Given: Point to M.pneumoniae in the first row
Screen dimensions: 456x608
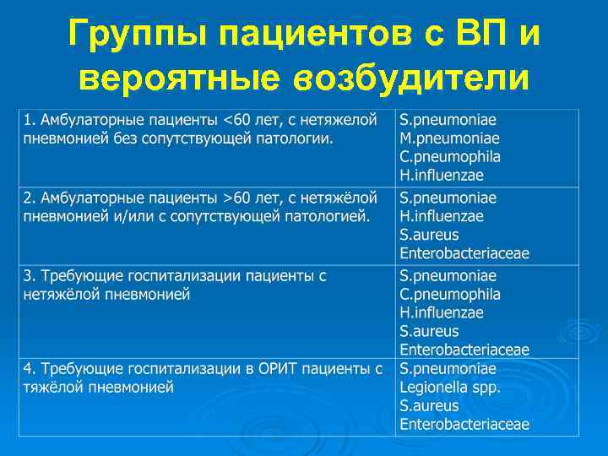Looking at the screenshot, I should (x=449, y=138).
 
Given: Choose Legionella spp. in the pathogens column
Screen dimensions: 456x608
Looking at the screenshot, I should (x=450, y=388).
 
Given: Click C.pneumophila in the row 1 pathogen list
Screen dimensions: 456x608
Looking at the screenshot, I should (x=450, y=156).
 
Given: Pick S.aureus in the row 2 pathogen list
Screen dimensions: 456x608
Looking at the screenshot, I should (x=429, y=235).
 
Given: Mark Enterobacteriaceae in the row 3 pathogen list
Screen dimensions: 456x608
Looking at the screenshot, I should (x=464, y=350).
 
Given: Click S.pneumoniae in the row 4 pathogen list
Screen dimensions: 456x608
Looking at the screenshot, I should (x=448, y=369).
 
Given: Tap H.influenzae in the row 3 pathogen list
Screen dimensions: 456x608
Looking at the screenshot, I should (x=442, y=312).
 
